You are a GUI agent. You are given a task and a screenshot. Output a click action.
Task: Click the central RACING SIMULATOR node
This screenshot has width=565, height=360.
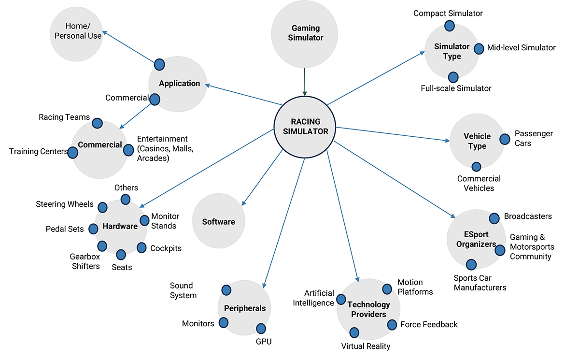tap(305, 127)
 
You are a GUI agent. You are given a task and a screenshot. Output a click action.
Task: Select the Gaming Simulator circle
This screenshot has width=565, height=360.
tap(304, 33)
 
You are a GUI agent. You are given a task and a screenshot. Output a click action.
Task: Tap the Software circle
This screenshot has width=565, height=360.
tap(219, 222)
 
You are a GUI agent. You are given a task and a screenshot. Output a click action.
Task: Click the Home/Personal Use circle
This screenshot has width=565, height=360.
tap(76, 31)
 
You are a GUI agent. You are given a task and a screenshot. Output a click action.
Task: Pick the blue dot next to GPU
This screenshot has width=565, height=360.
tap(261, 329)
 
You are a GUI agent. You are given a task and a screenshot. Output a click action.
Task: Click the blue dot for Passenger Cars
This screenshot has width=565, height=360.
tap(505, 139)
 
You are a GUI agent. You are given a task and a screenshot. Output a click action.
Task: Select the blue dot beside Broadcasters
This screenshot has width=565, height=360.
tap(494, 218)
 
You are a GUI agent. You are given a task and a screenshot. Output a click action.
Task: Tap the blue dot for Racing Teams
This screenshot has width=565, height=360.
tap(97, 123)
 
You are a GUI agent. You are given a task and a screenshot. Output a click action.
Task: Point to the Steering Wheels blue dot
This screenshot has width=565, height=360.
tap(102, 207)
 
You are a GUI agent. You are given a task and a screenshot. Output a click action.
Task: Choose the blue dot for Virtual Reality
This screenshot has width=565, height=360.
tap(354, 332)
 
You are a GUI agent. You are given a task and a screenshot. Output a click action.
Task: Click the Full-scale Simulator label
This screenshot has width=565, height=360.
tap(456, 88)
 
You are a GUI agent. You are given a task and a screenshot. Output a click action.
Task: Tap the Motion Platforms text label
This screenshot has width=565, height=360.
tap(415, 287)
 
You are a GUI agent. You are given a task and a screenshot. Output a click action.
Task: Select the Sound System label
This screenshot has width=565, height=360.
tap(183, 290)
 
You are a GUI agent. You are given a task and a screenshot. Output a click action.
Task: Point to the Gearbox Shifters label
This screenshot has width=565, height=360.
tap(85, 261)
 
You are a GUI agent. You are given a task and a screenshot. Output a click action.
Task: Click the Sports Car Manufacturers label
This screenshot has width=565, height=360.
tap(480, 283)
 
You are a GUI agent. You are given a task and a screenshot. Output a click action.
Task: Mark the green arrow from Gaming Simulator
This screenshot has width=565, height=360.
tap(305, 81)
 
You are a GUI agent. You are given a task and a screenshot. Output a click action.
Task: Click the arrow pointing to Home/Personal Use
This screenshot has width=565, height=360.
tap(128, 47)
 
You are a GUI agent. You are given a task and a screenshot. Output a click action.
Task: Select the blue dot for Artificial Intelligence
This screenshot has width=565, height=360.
tap(341, 300)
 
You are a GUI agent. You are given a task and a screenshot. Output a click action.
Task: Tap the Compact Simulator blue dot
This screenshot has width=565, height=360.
tap(449, 25)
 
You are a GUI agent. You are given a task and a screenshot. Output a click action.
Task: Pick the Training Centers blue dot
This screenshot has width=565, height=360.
tap(72, 153)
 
